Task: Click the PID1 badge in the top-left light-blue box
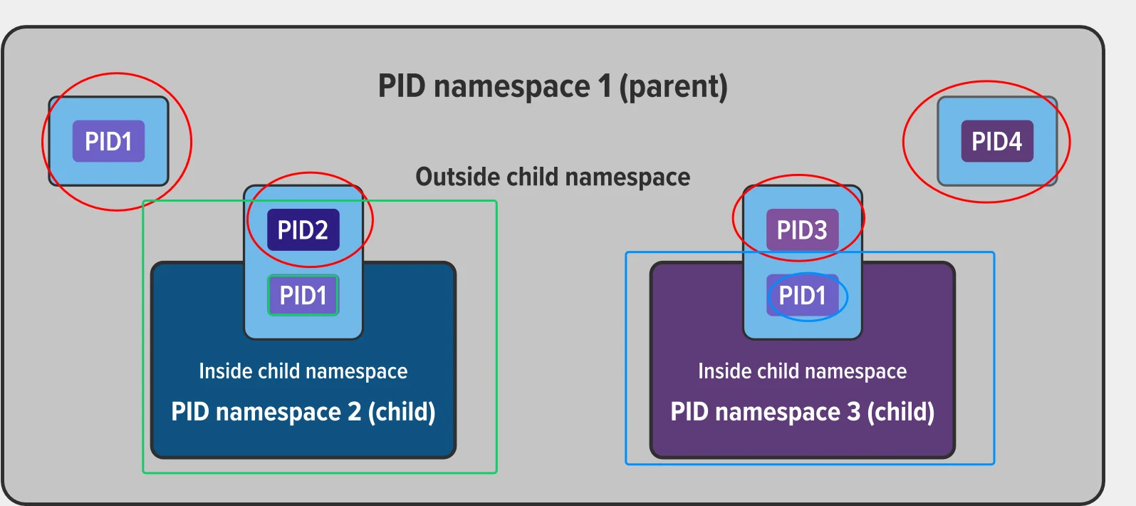(x=108, y=141)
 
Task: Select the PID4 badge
(x=996, y=141)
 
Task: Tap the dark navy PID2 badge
(x=303, y=230)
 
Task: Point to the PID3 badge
(x=802, y=230)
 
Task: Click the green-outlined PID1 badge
(x=303, y=295)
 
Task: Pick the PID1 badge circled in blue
(x=803, y=295)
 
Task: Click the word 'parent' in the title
(x=673, y=87)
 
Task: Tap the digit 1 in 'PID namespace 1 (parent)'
(x=605, y=86)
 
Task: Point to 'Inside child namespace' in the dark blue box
(x=303, y=371)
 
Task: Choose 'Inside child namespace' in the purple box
(x=802, y=371)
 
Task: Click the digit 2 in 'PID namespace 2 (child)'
(x=354, y=412)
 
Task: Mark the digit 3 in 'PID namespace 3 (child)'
(x=853, y=412)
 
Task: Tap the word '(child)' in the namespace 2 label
(x=402, y=412)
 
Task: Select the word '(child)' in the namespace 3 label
(x=901, y=412)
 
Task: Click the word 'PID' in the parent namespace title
(x=402, y=86)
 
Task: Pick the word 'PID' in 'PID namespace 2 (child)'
(x=189, y=412)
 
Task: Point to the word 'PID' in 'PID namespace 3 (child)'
(x=689, y=412)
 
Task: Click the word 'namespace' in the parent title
(x=512, y=87)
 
